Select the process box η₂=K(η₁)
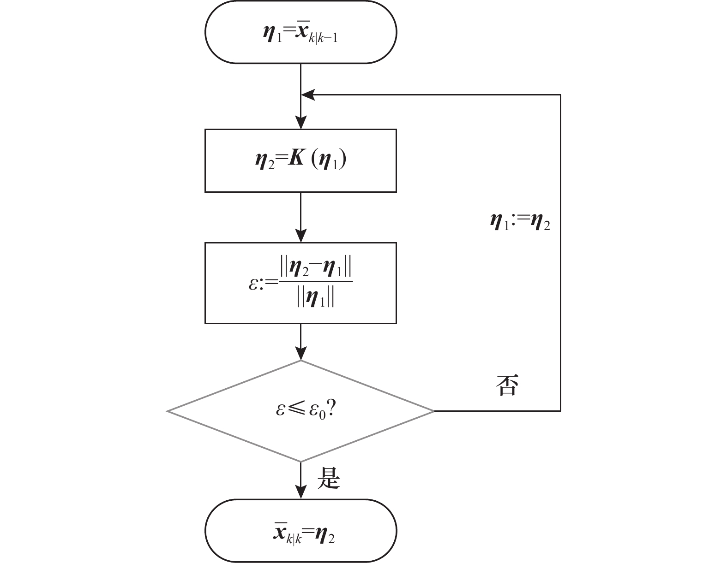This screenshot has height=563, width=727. point(300,160)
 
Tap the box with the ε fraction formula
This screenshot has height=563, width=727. point(300,283)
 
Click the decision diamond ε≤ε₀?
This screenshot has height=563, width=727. point(300,410)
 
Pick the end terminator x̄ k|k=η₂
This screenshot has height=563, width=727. point(300,530)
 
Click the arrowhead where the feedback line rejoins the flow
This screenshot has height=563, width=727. point(307,95)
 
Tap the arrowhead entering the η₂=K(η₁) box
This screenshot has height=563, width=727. point(300,123)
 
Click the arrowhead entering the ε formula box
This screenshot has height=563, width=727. point(300,237)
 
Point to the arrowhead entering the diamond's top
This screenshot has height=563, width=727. point(300,355)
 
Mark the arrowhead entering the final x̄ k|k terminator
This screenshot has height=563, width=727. point(300,493)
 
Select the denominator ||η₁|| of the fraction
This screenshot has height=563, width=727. point(316,299)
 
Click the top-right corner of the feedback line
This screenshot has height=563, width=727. point(560,95)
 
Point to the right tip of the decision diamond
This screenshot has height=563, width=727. point(433,410)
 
